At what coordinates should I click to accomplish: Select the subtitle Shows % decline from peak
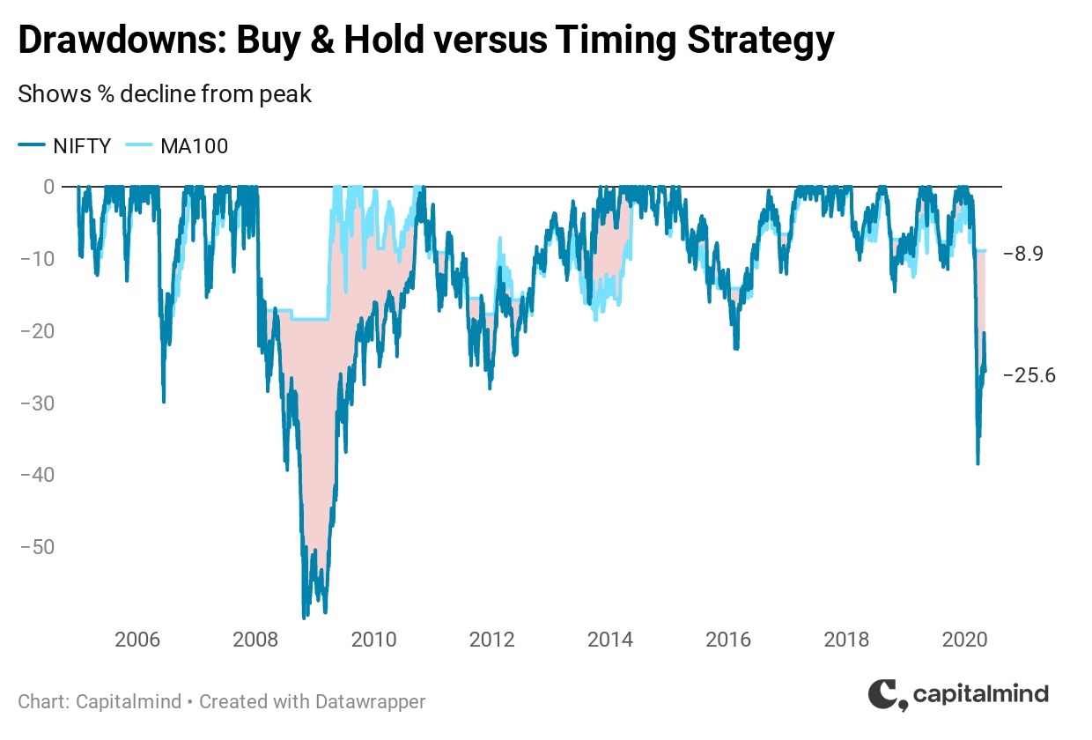pos(165,94)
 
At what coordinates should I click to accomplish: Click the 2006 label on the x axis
pos(137,640)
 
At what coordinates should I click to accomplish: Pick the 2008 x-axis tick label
pos(255,640)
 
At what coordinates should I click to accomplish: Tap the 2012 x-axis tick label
pos(492,640)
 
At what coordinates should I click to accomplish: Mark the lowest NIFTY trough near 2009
pos(304,618)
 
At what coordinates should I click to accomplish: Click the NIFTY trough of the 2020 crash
pos(978,463)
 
